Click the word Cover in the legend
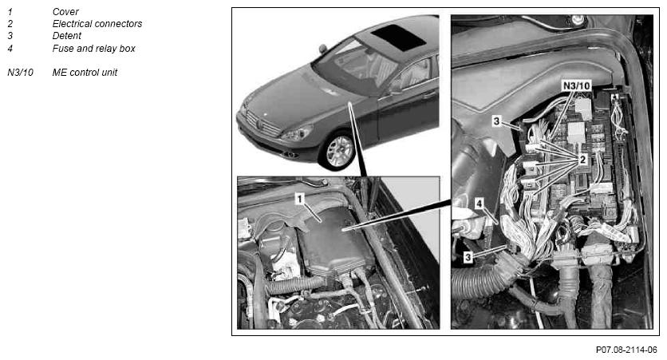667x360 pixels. (65, 12)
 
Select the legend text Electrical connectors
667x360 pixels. (97, 24)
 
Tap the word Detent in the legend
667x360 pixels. (67, 36)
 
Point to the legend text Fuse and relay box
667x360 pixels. (93, 49)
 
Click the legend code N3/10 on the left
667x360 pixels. (20, 73)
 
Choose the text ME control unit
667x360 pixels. (85, 73)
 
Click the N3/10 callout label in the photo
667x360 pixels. (576, 86)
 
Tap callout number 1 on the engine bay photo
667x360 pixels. (300, 199)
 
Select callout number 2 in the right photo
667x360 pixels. (582, 160)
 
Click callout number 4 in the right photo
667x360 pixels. (480, 204)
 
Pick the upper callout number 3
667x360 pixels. (496, 121)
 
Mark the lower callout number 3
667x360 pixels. (468, 257)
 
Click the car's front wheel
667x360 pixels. (337, 150)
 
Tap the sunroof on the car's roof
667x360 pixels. (399, 38)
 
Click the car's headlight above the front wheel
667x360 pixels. (297, 133)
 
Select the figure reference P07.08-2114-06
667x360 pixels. (626, 350)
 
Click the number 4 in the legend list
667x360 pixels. (10, 49)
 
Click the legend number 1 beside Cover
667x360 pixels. (10, 12)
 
